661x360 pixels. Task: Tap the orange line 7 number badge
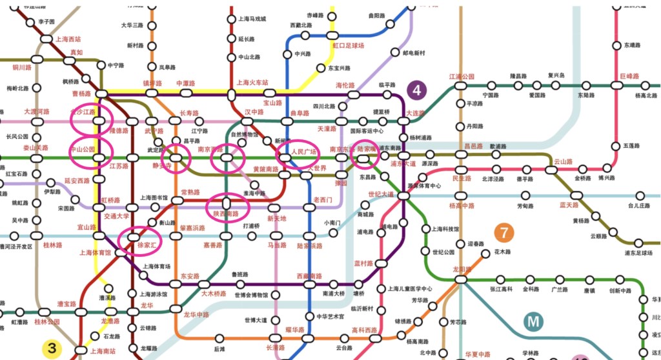point(504,232)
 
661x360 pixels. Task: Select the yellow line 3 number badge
point(52,349)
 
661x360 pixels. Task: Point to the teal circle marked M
point(533,321)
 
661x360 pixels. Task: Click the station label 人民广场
point(302,152)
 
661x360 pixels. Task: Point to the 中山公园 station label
point(82,149)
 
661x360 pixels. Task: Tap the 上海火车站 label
point(252,83)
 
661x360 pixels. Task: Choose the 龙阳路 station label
point(461,268)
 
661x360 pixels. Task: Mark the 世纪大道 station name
point(381,194)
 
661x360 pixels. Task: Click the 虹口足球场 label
point(349,46)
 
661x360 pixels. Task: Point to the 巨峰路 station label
point(629,76)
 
